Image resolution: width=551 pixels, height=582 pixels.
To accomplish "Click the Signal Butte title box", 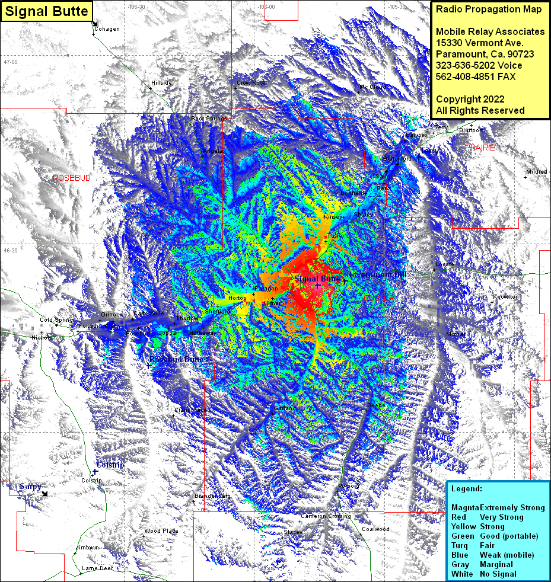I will point(46,11).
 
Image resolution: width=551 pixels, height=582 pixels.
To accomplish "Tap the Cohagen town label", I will point(107,29).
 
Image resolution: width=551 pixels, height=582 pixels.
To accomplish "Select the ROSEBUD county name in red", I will point(72,178).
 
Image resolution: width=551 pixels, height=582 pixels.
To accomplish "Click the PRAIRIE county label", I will point(479,148).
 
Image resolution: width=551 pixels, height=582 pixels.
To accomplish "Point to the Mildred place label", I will point(536,172).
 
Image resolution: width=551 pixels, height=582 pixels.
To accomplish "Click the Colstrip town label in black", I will point(91,481).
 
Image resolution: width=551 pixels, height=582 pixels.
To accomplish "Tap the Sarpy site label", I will point(30,487).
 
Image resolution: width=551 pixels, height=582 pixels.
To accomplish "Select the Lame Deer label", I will point(97,568).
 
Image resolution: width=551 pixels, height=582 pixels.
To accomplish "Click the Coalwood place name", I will point(375,529).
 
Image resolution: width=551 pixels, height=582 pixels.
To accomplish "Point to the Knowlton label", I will point(505,297).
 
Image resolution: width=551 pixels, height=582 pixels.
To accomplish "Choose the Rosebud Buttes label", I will point(179,359).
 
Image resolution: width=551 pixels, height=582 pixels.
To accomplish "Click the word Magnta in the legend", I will point(465,507).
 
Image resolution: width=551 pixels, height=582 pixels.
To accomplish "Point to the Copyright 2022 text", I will point(470,99).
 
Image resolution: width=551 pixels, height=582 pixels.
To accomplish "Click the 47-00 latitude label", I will point(11,62).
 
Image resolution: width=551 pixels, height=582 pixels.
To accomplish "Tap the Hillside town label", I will point(161,83).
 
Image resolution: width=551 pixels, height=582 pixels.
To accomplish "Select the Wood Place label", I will point(161,531).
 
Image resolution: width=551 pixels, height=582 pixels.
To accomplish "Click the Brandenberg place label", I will point(212,495).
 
